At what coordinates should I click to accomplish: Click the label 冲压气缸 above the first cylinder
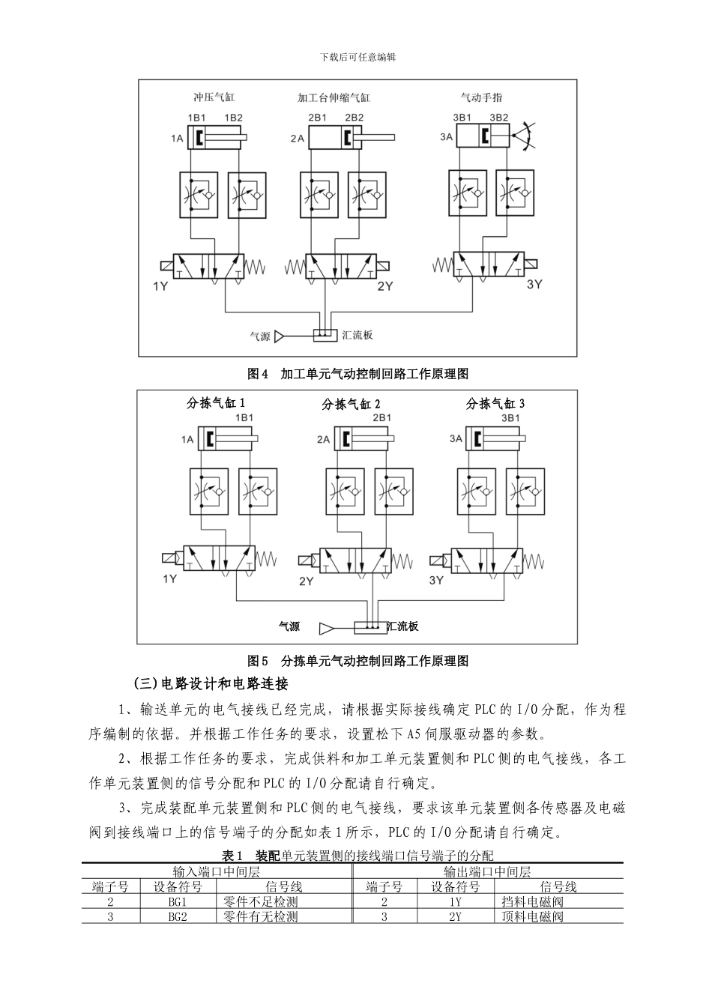click(214, 97)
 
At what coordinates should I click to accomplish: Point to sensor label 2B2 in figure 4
click(354, 118)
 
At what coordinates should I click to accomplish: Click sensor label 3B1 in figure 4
click(462, 118)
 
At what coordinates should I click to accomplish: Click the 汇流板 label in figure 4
click(357, 336)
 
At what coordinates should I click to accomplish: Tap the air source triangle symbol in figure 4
click(280, 336)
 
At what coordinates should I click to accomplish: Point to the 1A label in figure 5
click(186, 439)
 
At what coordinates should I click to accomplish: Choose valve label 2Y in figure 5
click(306, 581)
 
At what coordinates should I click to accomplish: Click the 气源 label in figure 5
click(289, 626)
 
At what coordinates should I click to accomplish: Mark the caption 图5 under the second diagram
click(258, 661)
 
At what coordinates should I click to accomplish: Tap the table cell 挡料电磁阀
click(532, 902)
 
